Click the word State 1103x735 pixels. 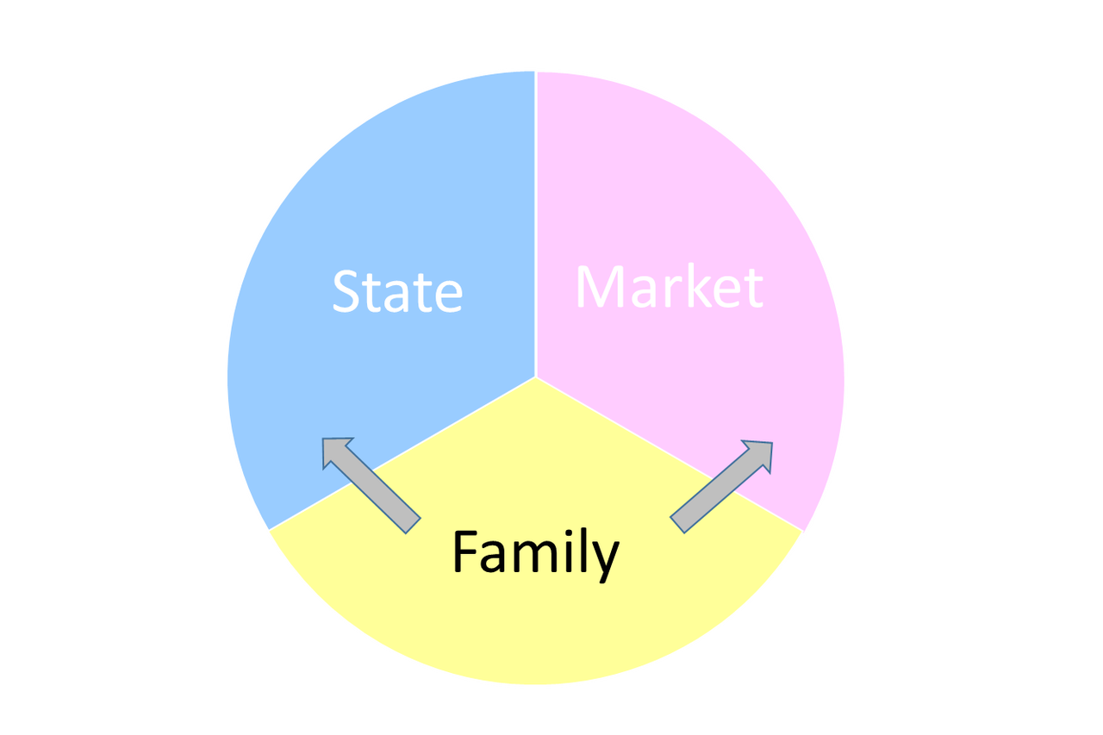(397, 291)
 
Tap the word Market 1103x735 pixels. (669, 287)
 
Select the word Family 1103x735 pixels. (535, 552)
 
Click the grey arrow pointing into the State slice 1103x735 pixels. (371, 483)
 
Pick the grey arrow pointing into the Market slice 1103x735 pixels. (722, 486)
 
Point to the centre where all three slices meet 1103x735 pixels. (535, 377)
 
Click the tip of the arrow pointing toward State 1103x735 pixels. (325, 440)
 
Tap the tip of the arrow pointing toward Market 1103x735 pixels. (770, 445)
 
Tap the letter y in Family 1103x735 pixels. (605, 560)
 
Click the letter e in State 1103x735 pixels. (446, 296)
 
